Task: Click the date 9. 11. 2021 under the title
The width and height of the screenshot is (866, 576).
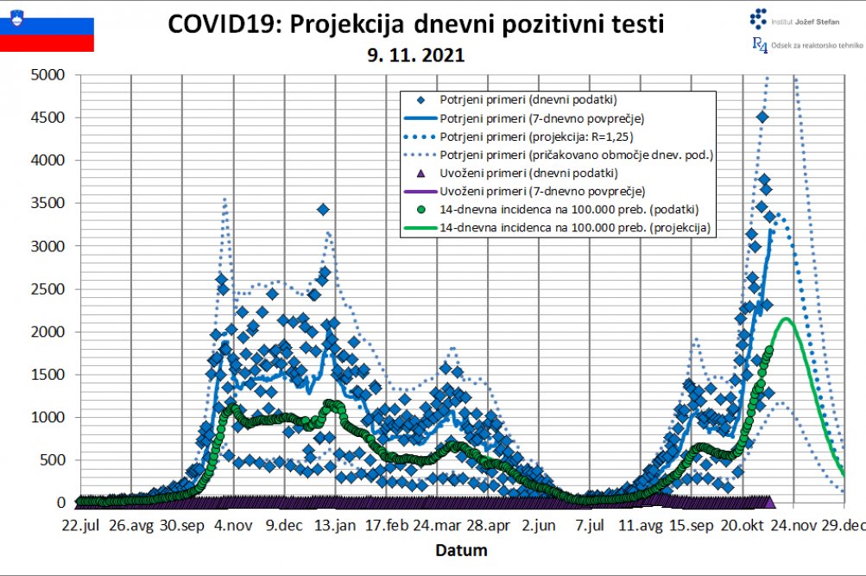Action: [x=415, y=55]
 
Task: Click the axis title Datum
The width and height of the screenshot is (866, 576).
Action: [x=460, y=550]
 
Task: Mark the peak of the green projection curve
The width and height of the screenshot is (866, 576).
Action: [x=787, y=319]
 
